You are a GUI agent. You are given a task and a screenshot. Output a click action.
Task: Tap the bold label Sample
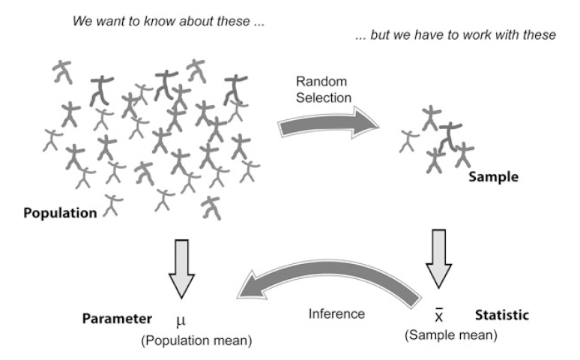click(493, 178)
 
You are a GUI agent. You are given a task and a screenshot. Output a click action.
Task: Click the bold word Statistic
click(501, 315)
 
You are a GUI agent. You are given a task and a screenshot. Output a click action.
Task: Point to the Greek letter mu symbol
click(180, 321)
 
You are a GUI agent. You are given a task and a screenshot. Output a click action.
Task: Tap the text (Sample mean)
click(450, 335)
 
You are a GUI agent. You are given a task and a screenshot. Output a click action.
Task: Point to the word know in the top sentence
click(154, 21)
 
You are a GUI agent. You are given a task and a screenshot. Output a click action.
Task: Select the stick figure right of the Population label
click(112, 205)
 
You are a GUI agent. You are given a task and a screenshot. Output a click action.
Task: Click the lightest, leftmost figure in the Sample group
click(409, 140)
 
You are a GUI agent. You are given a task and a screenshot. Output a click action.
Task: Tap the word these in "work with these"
click(540, 37)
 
